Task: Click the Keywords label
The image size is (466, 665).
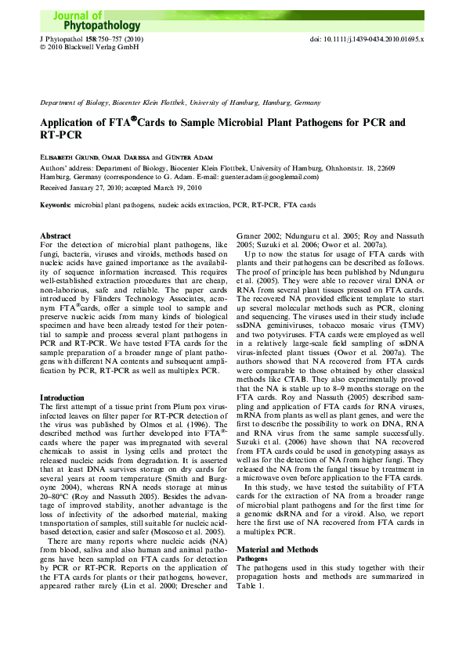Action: (x=56, y=205)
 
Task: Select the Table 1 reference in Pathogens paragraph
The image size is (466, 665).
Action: (x=251, y=585)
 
